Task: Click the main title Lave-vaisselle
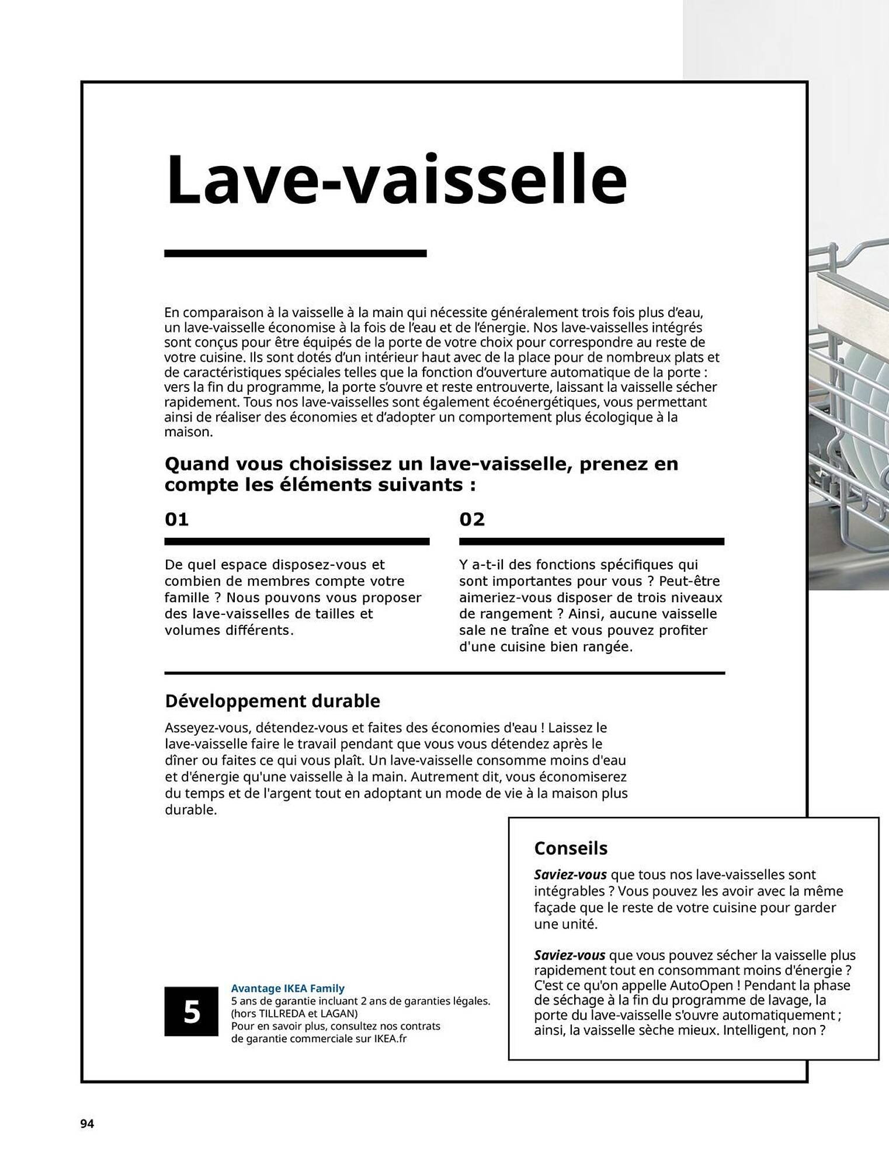397,179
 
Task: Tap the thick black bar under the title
295,253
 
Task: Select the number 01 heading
176,519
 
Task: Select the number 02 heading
472,519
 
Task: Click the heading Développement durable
272,701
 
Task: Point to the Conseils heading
571,848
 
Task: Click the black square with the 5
191,1011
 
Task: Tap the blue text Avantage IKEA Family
287,988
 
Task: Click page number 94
87,1124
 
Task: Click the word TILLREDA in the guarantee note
285,1013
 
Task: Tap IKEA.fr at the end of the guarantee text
390,1039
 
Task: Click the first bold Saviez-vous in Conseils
570,875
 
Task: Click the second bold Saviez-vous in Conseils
570,955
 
